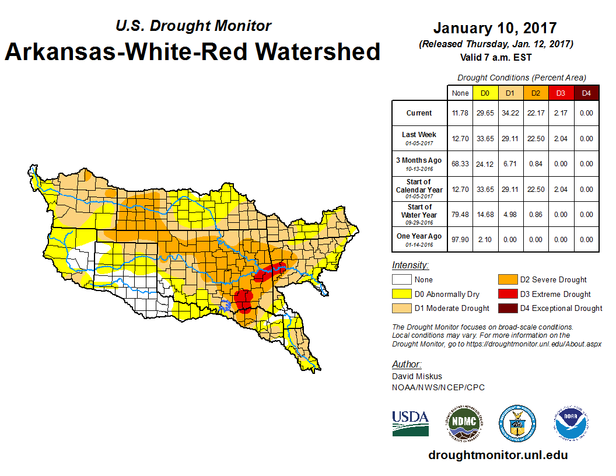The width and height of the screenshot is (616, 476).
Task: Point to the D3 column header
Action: pyautogui.click(x=561, y=93)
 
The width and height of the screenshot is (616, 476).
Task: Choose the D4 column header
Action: pyautogui.click(x=586, y=93)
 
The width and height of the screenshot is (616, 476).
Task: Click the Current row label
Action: pyautogui.click(x=419, y=113)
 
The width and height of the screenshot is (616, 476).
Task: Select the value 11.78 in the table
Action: pyautogui.click(x=460, y=113)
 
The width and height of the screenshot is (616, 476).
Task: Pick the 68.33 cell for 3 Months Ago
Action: pyautogui.click(x=460, y=164)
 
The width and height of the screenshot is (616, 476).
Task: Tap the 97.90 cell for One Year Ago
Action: pyautogui.click(x=460, y=240)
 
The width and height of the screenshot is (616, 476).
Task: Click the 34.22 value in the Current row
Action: pyautogui.click(x=510, y=113)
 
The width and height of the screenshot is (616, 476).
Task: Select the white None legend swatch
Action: pyautogui.click(x=401, y=280)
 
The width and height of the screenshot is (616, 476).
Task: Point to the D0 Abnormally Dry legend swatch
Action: pyautogui.click(x=401, y=294)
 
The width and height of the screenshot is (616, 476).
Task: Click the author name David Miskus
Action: pyautogui.click(x=416, y=376)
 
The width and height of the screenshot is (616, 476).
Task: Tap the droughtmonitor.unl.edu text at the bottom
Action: pyautogui.click(x=498, y=455)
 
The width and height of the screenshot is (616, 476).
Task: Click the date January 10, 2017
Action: pyautogui.click(x=495, y=28)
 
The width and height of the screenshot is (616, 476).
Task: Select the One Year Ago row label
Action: pyautogui.click(x=419, y=236)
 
